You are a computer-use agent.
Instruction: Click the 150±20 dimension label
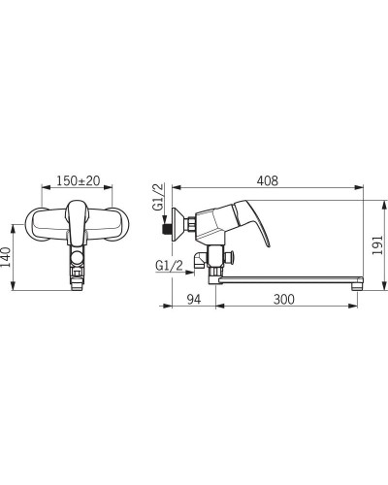pos(79,180)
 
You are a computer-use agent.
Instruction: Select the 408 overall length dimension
pos(268,180)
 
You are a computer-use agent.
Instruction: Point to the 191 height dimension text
pos(377,244)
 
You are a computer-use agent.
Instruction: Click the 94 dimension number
pos(194,299)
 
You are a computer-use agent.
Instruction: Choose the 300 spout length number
pos(284,299)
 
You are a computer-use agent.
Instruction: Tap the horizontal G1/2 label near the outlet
pos(169,266)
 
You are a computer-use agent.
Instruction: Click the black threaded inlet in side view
pos(166,229)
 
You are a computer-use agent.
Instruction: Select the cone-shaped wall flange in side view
pos(178,224)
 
